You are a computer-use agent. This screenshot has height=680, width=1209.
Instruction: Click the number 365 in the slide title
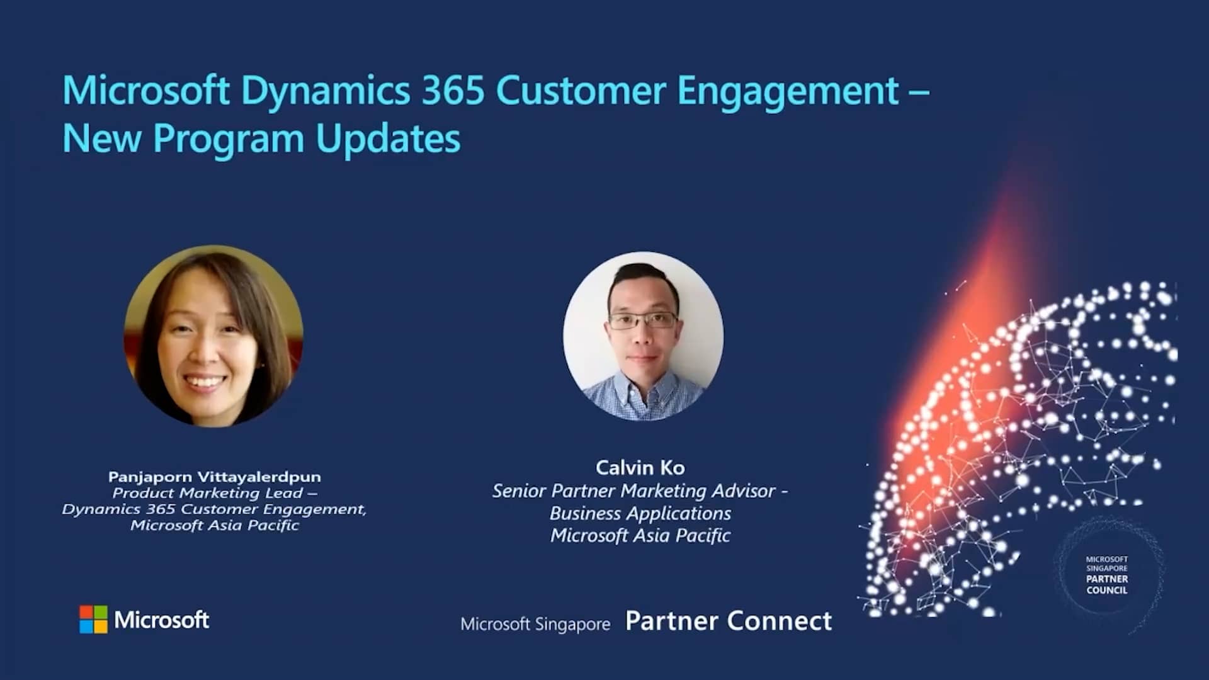click(452, 90)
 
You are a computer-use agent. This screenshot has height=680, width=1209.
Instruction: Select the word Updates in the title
click(388, 139)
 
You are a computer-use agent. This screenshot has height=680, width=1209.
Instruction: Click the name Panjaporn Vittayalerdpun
click(214, 477)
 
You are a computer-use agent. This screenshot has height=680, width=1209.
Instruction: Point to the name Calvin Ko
click(640, 467)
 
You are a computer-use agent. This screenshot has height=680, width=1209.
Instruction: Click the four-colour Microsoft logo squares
click(93, 620)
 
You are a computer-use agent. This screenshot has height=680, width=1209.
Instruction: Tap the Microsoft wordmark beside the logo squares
click(161, 620)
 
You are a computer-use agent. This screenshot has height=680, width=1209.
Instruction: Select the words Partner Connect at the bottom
click(729, 621)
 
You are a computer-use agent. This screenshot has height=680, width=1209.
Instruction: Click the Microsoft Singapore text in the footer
click(535, 624)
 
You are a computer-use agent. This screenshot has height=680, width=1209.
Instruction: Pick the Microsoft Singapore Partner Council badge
click(1106, 574)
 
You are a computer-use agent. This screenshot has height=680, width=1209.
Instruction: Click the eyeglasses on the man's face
click(643, 320)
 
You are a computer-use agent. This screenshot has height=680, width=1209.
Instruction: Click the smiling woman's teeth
click(203, 382)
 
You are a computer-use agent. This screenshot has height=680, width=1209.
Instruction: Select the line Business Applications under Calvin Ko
click(640, 513)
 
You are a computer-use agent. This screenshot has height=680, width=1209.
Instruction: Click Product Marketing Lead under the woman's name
click(208, 493)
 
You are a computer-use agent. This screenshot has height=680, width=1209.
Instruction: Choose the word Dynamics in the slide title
click(325, 90)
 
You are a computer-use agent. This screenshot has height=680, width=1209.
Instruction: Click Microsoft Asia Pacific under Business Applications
click(640, 535)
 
